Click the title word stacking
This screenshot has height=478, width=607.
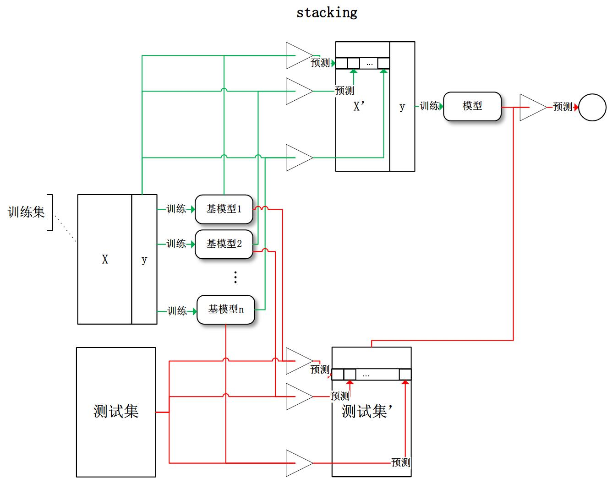[327, 13]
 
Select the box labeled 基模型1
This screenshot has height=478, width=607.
[224, 209]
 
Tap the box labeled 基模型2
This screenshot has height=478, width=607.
[224, 244]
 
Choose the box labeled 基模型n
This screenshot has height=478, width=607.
[225, 310]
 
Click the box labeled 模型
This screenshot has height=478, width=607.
[472, 106]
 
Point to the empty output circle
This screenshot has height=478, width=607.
[592, 107]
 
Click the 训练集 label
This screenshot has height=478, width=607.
[26, 212]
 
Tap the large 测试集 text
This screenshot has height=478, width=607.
[116, 411]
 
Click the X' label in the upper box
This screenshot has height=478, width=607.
[359, 107]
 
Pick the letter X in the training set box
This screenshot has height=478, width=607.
[105, 260]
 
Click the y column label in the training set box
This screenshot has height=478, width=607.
[144, 260]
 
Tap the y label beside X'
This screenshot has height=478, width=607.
[402, 107]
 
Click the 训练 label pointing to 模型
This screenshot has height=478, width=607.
[429, 106]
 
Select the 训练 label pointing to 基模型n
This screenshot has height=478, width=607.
[177, 311]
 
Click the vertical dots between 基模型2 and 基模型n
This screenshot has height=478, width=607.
[235, 277]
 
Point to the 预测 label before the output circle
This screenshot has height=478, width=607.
[563, 107]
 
